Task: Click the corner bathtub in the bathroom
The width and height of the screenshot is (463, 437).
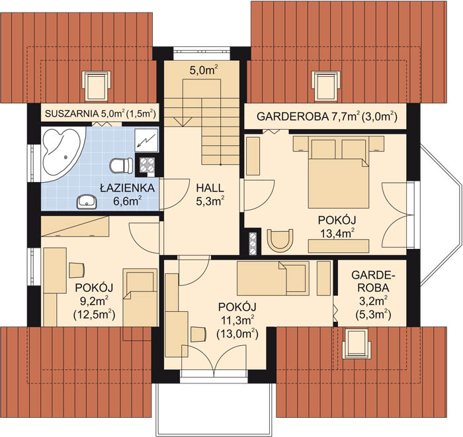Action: pos(61,154)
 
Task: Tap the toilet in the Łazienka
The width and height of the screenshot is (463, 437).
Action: pos(121,166)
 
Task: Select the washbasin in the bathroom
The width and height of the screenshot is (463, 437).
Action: pos(87,202)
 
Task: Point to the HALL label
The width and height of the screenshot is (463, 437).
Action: pos(210,188)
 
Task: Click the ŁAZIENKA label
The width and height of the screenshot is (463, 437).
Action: pos(127,188)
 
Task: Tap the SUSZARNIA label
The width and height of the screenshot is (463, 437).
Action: pos(71,113)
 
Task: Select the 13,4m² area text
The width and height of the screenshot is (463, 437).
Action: pos(337,233)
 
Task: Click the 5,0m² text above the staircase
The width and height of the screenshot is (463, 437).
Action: pos(204,72)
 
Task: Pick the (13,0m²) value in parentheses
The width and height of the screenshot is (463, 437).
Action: pos(237,334)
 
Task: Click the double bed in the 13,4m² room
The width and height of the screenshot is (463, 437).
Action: pos(339,172)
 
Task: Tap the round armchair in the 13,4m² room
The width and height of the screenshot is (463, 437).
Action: pos(280,240)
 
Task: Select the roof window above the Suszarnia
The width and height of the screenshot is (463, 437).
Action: pos(97,85)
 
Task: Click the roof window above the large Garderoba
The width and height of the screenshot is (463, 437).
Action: pos(326,85)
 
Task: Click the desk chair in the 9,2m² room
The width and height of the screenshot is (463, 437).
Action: pos(77,270)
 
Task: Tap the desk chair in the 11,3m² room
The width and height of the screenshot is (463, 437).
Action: pos(198,334)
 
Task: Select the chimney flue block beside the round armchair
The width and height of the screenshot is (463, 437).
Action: pos(253,244)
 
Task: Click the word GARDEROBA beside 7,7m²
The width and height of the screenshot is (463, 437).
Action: pos(292,117)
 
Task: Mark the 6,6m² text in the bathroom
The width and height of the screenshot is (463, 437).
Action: pos(127,201)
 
